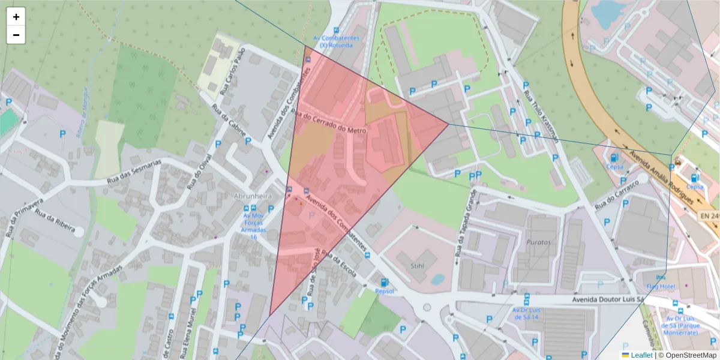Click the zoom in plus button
pos(16,17)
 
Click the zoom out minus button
pos(16,35)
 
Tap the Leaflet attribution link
pos(641,355)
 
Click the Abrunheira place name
pos(253,196)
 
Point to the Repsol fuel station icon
pos(384,282)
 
